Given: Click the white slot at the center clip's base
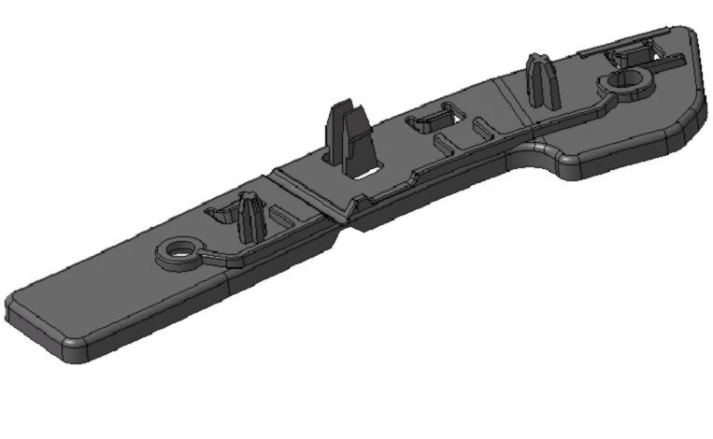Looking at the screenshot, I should tap(365, 171).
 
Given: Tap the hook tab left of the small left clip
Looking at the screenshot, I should tap(216, 216).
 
